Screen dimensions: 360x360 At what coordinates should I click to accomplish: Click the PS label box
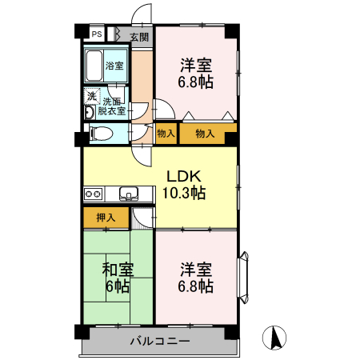click(x=96, y=34)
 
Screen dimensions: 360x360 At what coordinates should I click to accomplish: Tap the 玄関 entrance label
click(x=139, y=36)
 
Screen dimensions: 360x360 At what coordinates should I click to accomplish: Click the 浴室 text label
click(x=114, y=66)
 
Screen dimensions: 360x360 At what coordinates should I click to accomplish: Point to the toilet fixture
click(x=96, y=134)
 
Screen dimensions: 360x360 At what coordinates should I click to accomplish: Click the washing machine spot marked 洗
click(x=91, y=97)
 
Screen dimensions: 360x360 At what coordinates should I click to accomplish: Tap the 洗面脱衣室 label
click(x=112, y=106)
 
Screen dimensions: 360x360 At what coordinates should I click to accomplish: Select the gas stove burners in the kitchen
click(x=93, y=193)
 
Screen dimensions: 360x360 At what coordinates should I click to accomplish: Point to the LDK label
click(x=184, y=176)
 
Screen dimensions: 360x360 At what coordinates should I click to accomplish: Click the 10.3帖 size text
click(x=184, y=193)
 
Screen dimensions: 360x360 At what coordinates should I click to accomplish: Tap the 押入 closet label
click(x=106, y=217)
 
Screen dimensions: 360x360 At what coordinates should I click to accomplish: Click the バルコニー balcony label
click(x=159, y=342)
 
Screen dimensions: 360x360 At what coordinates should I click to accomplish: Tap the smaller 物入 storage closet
click(x=166, y=134)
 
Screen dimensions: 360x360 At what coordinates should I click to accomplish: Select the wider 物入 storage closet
click(x=206, y=134)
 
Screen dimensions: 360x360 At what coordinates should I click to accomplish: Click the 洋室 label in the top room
click(x=195, y=64)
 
